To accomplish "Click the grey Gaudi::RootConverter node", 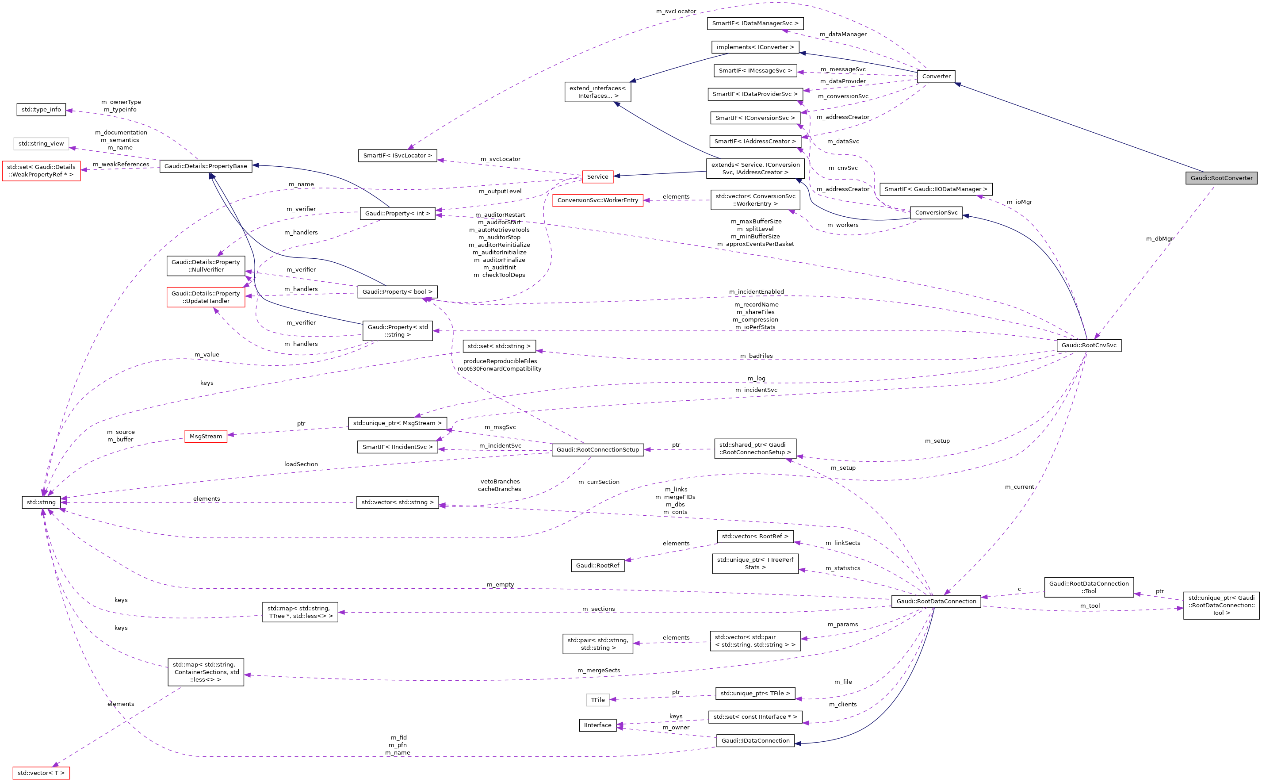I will pyautogui.click(x=1221, y=178).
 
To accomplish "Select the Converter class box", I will pyautogui.click(x=936, y=77).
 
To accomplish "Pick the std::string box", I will pyautogui.click(x=42, y=502).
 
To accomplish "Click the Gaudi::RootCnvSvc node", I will pyautogui.click(x=1088, y=345).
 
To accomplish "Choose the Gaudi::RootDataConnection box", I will pyautogui.click(x=936, y=602).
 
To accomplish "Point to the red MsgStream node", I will pyautogui.click(x=205, y=437).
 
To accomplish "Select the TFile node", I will pyautogui.click(x=598, y=700).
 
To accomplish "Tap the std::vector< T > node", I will pyautogui.click(x=41, y=773).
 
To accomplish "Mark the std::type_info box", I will pyautogui.click(x=42, y=110).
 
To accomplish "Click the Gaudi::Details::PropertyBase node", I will pyautogui.click(x=205, y=166).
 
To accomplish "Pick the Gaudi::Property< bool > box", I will pyautogui.click(x=397, y=291).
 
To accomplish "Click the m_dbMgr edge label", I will pyautogui.click(x=1159, y=239).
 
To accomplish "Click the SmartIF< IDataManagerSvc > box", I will pyautogui.click(x=755, y=24).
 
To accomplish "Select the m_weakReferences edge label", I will pyautogui.click(x=121, y=165).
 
